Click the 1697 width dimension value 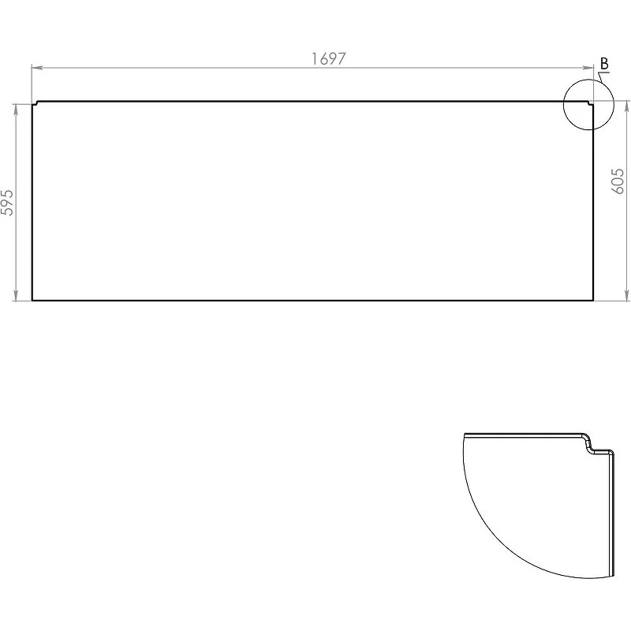[x=328, y=58]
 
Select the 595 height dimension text [x=7, y=203]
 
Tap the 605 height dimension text [x=618, y=181]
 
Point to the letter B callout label [x=604, y=64]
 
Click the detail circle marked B [x=563, y=104]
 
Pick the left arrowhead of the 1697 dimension [x=37, y=68]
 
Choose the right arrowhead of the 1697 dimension [x=588, y=68]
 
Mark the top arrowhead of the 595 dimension [x=16, y=110]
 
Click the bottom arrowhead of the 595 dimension [x=16, y=295]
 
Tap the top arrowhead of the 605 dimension [x=626, y=106]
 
